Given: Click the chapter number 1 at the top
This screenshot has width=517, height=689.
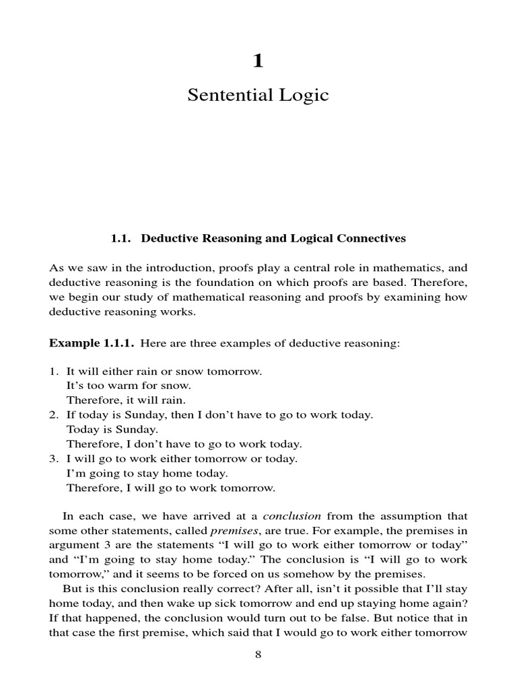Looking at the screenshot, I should point(258,61).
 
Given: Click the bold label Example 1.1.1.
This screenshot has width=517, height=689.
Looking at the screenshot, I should point(92,343).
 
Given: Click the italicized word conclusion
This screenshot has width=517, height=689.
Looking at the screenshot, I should point(291,516).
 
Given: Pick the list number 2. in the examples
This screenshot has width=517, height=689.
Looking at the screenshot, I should point(54,415).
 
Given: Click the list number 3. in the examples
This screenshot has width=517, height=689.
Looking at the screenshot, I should point(54,459).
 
